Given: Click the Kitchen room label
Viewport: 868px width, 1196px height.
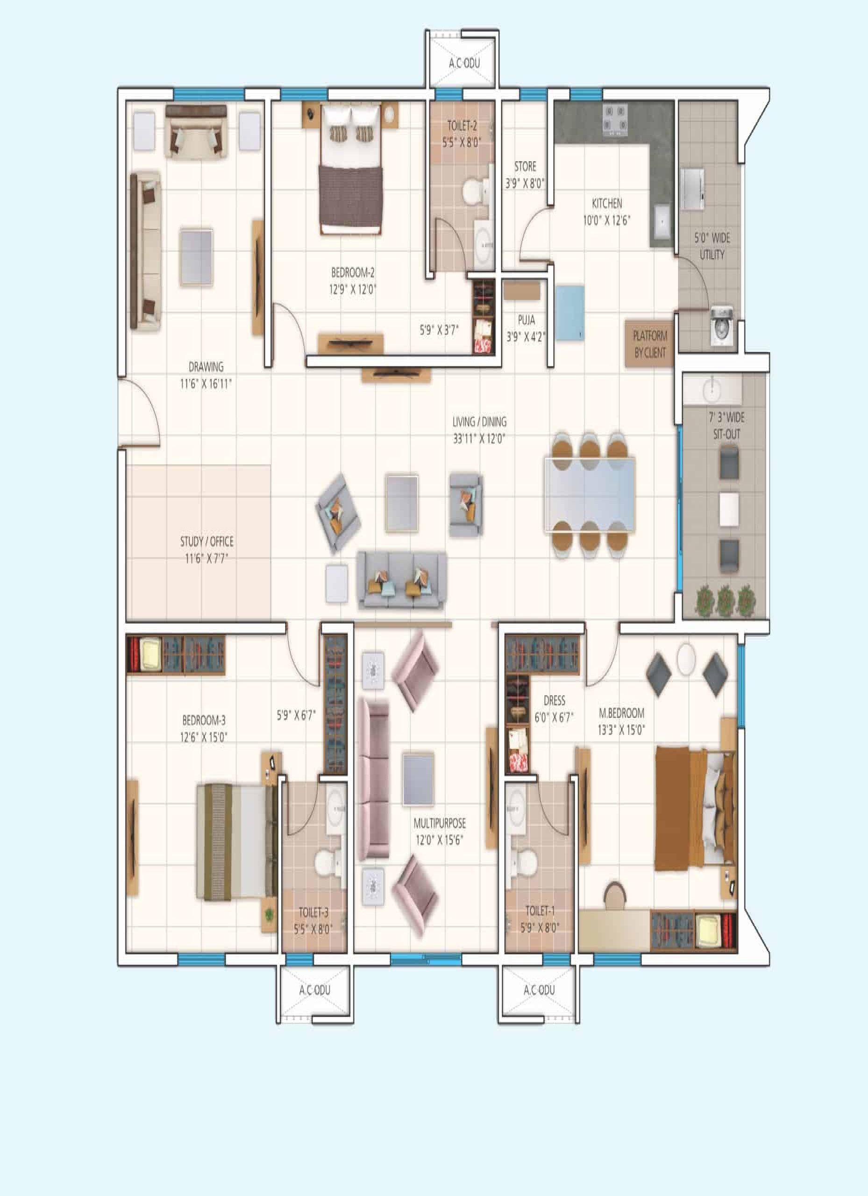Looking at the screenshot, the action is (x=606, y=204).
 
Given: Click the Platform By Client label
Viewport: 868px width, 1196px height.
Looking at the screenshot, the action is (x=650, y=344).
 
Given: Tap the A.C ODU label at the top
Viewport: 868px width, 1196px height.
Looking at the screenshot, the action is (x=464, y=63).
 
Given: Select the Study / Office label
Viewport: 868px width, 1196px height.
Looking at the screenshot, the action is (x=206, y=541).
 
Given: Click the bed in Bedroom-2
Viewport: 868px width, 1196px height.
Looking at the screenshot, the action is (x=350, y=169).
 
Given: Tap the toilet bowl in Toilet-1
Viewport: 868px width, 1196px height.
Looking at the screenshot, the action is (x=525, y=861).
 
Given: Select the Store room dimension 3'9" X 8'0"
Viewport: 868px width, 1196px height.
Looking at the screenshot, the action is (x=525, y=184).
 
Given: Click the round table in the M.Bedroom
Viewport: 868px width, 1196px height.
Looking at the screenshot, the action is (x=687, y=658).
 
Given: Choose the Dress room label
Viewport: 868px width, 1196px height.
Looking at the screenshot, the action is (x=554, y=700).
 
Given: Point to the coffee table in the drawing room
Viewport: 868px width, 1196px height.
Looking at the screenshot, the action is (x=197, y=257).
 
